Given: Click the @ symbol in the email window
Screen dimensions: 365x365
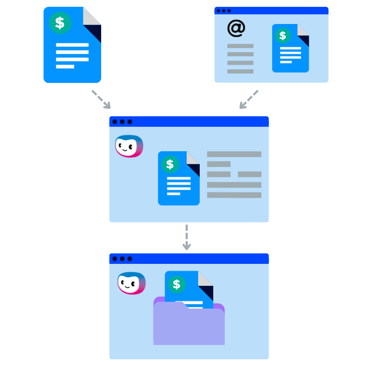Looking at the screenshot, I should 236,28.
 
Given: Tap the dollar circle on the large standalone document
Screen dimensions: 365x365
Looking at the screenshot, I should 60,23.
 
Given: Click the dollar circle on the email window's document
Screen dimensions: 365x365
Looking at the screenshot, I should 283,35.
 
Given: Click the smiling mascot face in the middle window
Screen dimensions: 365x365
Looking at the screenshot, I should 129,146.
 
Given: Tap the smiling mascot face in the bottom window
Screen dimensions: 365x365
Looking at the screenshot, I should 131,283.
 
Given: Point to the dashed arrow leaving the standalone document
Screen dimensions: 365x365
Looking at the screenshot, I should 101,99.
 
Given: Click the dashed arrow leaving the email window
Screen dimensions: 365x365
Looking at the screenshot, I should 249,99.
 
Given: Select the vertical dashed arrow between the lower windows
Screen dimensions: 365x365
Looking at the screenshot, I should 186,237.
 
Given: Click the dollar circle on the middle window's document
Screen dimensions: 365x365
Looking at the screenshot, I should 169,164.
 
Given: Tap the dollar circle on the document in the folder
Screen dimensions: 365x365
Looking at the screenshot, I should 177,284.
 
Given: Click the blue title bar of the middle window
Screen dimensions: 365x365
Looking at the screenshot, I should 198,121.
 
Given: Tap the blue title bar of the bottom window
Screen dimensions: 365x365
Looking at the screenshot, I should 198,259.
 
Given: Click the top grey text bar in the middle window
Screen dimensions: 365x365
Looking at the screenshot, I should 234,154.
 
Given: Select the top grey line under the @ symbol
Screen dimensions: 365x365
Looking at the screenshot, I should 240,46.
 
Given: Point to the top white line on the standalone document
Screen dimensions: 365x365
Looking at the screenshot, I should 72,45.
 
